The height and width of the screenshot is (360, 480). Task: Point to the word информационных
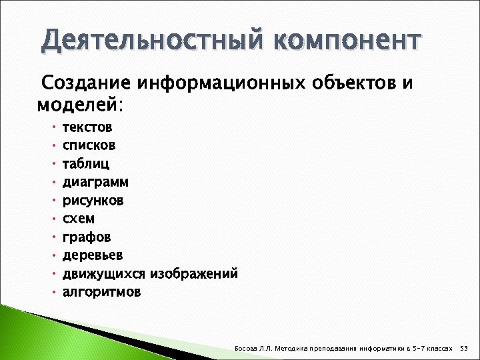point(219,85)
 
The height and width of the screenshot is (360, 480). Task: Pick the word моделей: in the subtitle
point(80,105)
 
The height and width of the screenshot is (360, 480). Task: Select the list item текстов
point(87,127)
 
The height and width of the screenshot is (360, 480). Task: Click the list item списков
point(89,145)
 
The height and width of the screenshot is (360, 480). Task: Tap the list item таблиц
point(86,163)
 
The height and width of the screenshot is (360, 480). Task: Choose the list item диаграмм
point(95,181)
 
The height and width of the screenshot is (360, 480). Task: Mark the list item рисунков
point(93,200)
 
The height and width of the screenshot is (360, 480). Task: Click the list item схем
point(79,219)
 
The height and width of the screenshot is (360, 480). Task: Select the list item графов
point(87,237)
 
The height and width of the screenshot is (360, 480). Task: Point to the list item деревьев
point(93,255)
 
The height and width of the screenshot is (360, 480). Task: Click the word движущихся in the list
point(104,274)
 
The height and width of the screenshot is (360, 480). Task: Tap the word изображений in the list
point(194,274)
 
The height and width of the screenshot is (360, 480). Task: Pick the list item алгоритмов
point(101,292)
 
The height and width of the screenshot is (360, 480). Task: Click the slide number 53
point(465,348)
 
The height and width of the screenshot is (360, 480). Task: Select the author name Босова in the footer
point(247,348)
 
